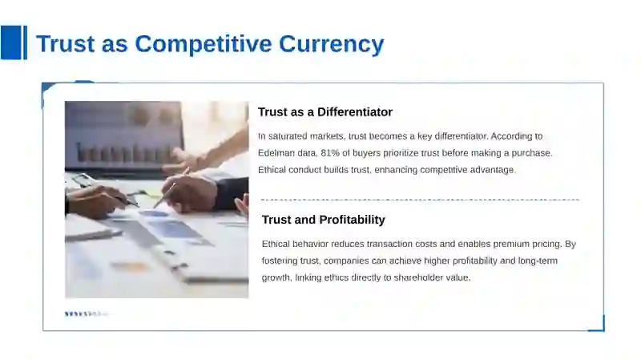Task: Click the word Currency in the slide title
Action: (x=332, y=44)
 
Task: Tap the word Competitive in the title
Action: (x=204, y=43)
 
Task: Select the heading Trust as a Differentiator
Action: (x=325, y=112)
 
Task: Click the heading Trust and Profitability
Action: (x=324, y=220)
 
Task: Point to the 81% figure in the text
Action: (x=330, y=153)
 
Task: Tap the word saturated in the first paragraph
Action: (x=288, y=136)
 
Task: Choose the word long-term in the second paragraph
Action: (x=538, y=261)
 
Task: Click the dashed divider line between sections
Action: (x=420, y=200)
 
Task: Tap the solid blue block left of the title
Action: (x=10, y=42)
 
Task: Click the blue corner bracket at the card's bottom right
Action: (x=599, y=326)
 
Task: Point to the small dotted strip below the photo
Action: (x=87, y=313)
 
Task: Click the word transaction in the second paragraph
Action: (x=390, y=245)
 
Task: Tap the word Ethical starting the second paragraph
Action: (x=276, y=245)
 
